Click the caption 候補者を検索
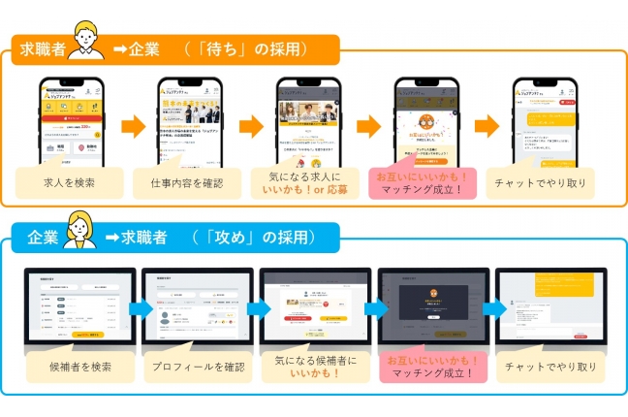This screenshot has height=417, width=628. [81, 369]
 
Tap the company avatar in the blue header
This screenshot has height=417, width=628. [83, 231]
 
